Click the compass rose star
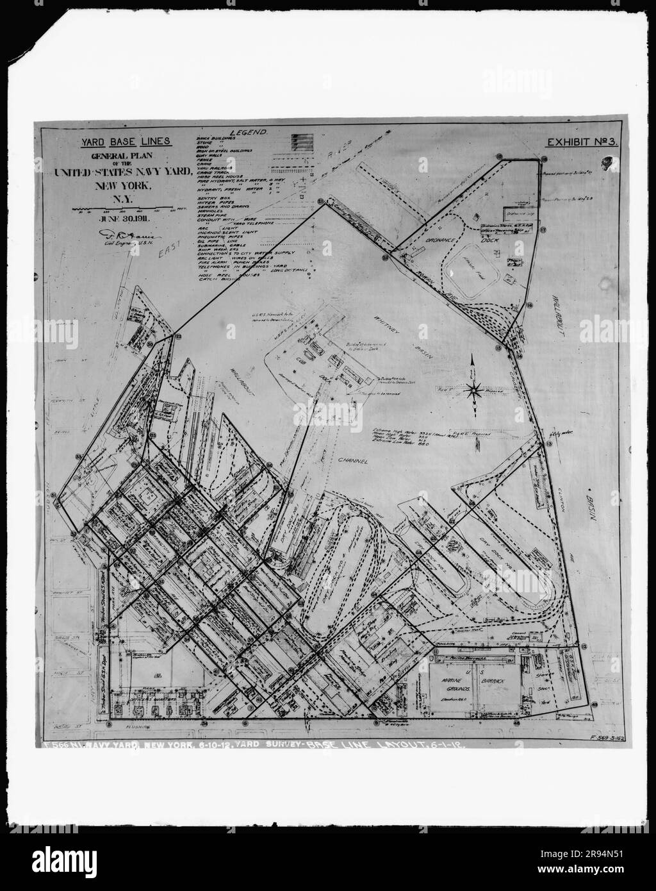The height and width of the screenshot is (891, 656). coord(475,388)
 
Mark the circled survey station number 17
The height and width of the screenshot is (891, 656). coord(542,229)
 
